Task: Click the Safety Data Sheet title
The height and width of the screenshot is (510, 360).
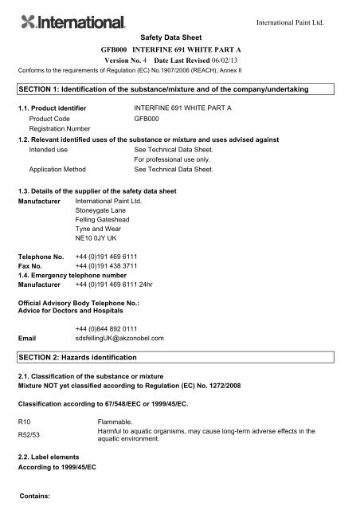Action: click(x=179, y=37)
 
